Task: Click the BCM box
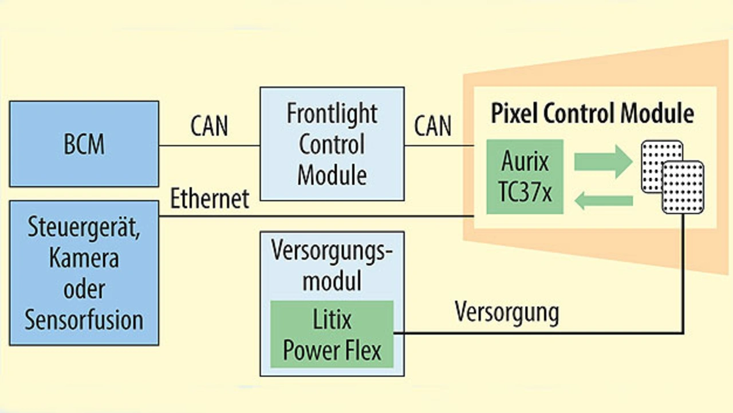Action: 84,144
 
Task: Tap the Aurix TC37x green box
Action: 525,177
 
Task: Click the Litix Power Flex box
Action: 332,334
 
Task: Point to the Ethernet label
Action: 210,198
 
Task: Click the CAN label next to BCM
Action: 209,126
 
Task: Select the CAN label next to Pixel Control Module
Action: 432,126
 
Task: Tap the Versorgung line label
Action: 507,313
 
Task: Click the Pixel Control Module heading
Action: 592,113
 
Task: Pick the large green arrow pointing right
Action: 603,162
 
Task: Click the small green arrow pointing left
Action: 604,200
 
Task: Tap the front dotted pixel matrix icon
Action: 683,187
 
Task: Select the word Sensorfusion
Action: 84,320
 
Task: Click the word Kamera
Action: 84,258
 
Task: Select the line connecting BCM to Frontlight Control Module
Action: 210,145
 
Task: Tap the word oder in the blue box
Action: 84,289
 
